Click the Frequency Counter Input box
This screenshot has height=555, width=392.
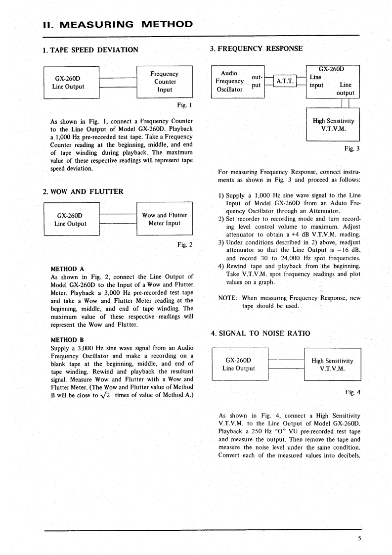click(x=164, y=82)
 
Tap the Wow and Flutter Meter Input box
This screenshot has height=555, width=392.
click(x=164, y=219)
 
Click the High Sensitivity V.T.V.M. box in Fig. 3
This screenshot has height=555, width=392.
click(x=333, y=125)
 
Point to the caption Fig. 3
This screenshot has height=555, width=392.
click(x=352, y=148)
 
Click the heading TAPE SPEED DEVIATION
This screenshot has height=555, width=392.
click(x=90, y=49)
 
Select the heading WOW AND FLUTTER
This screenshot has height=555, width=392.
click(x=83, y=191)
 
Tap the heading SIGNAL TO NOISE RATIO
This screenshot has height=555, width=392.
click(x=261, y=333)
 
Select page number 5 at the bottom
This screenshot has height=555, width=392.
click(x=360, y=539)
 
